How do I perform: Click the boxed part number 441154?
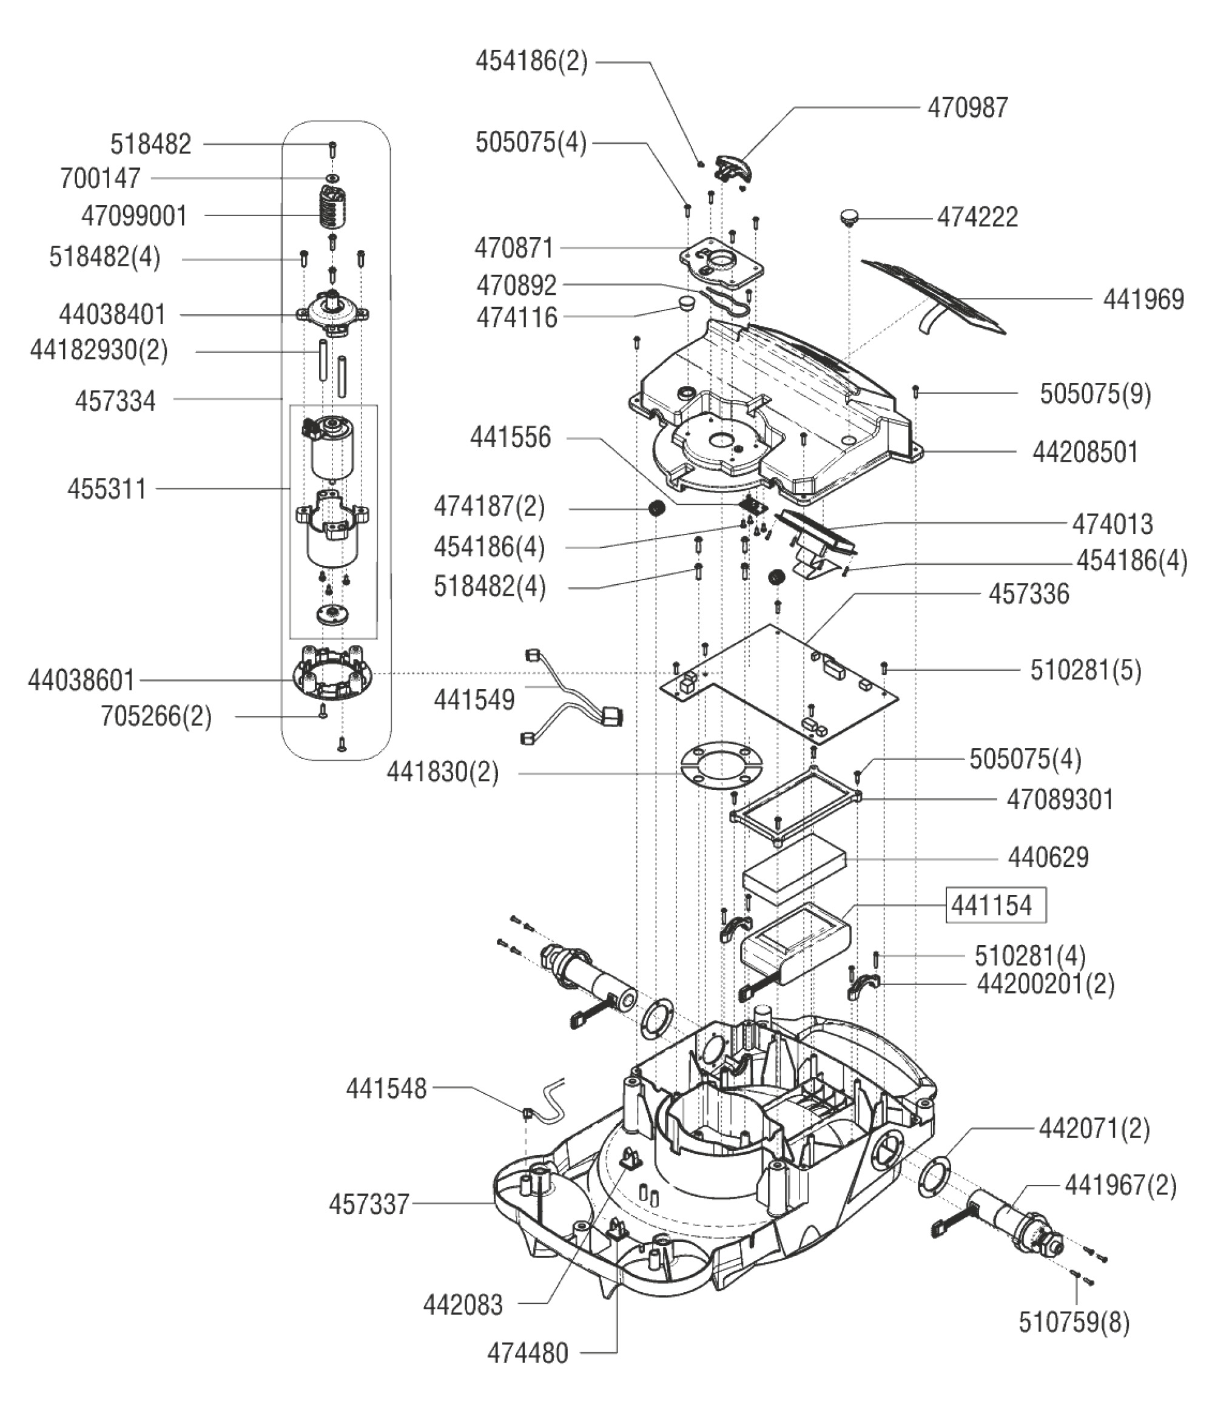tap(995, 905)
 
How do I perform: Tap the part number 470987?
tap(968, 108)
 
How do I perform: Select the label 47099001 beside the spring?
tap(134, 216)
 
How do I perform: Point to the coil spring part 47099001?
tap(334, 207)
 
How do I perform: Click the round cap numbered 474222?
tap(850, 218)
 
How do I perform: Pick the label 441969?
tap(1143, 300)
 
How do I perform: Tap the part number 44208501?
tap(1085, 453)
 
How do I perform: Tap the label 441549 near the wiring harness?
tap(474, 699)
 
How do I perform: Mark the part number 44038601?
tap(81, 681)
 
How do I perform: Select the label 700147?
tap(100, 179)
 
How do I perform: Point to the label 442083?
tap(463, 1305)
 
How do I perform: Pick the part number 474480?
tap(527, 1353)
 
